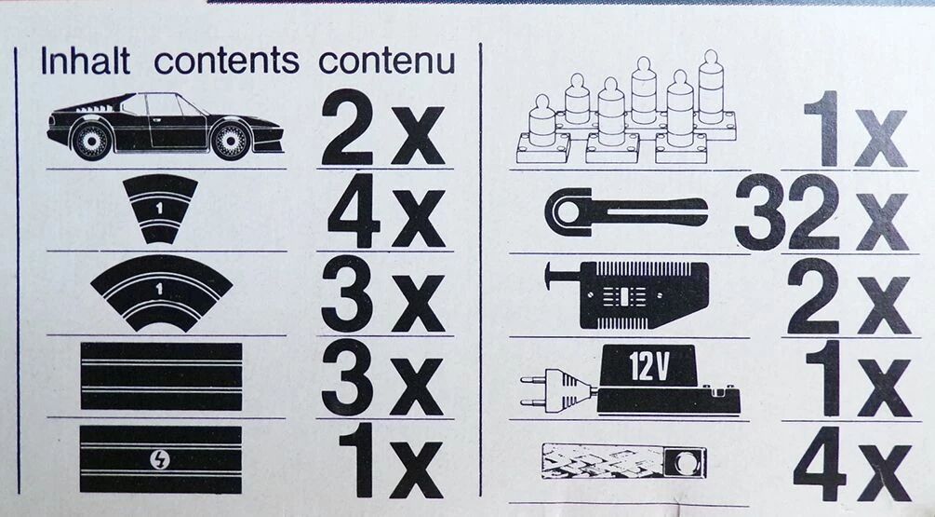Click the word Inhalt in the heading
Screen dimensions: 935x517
click(x=86, y=61)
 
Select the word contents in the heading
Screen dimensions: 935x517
click(x=227, y=61)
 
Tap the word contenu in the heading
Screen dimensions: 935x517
click(x=387, y=61)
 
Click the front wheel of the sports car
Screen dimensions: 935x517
click(x=230, y=141)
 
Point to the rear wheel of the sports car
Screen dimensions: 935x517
click(x=92, y=141)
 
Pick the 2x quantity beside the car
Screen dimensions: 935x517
click(x=383, y=129)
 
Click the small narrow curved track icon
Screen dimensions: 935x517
click(x=160, y=209)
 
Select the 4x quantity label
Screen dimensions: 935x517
click(x=386, y=211)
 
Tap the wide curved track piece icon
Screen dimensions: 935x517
click(x=162, y=293)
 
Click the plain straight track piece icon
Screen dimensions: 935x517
click(x=161, y=376)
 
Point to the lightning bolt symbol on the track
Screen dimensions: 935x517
click(x=161, y=459)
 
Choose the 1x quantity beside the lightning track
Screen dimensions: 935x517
click(x=391, y=463)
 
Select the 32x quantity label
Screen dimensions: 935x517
click(x=821, y=212)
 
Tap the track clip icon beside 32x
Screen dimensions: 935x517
click(x=626, y=211)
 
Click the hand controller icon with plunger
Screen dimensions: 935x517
click(x=627, y=294)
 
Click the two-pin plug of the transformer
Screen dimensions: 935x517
click(x=557, y=386)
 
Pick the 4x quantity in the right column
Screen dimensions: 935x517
click(x=853, y=463)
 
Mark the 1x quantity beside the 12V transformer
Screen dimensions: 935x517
click(x=858, y=378)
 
